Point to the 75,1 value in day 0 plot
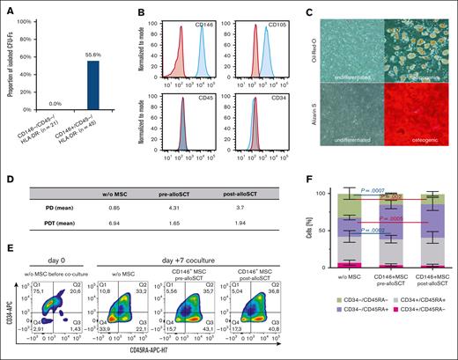[40, 273]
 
